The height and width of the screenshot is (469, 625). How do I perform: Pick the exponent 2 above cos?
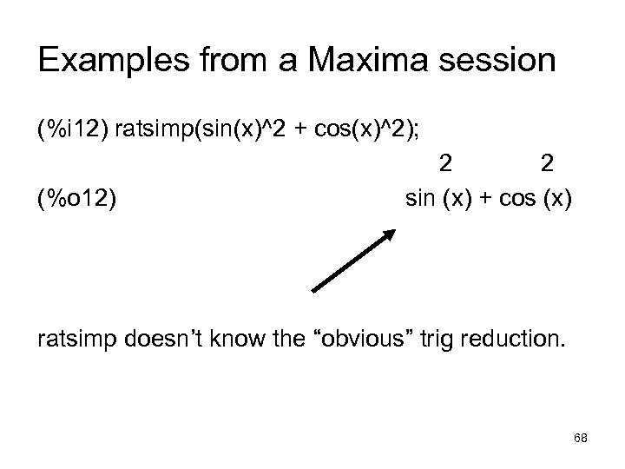pos(547,163)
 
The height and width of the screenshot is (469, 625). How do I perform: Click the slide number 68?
pos(581,439)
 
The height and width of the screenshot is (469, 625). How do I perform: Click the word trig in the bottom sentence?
pos(437,338)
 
